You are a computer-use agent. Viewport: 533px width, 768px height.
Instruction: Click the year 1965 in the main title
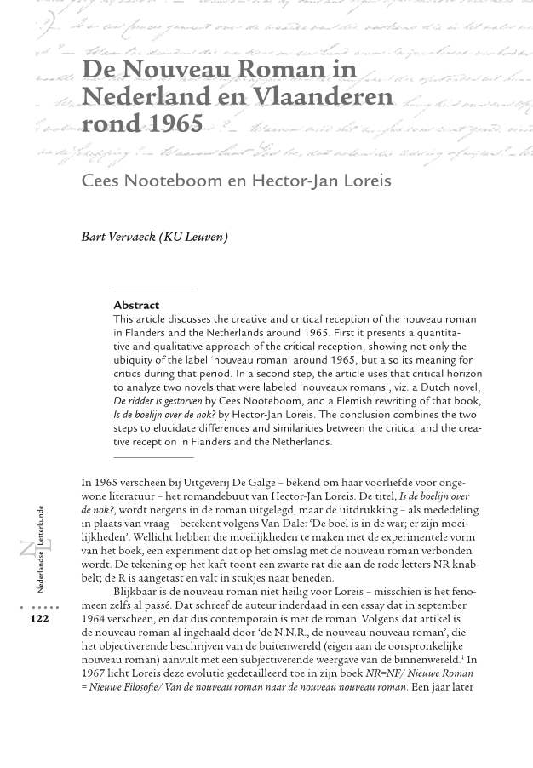point(175,124)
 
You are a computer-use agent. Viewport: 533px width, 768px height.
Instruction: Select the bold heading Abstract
point(136,305)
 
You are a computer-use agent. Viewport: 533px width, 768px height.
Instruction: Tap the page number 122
point(39,619)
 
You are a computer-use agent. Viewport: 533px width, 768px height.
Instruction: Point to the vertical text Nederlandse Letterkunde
point(41,549)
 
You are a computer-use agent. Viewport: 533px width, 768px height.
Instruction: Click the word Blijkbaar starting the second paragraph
point(139,592)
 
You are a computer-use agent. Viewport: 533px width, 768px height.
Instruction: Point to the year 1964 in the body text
point(95,619)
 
